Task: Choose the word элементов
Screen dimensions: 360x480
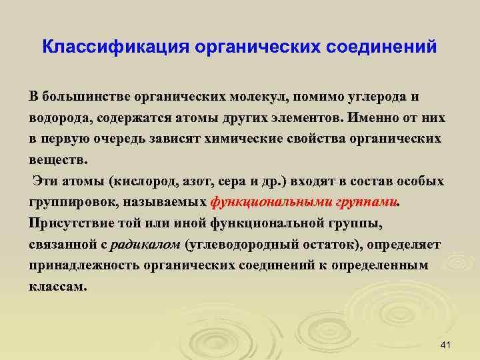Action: click(x=299, y=118)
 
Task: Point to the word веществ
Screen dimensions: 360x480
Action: click(x=57, y=161)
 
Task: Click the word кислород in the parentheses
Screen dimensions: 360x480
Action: click(x=146, y=182)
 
